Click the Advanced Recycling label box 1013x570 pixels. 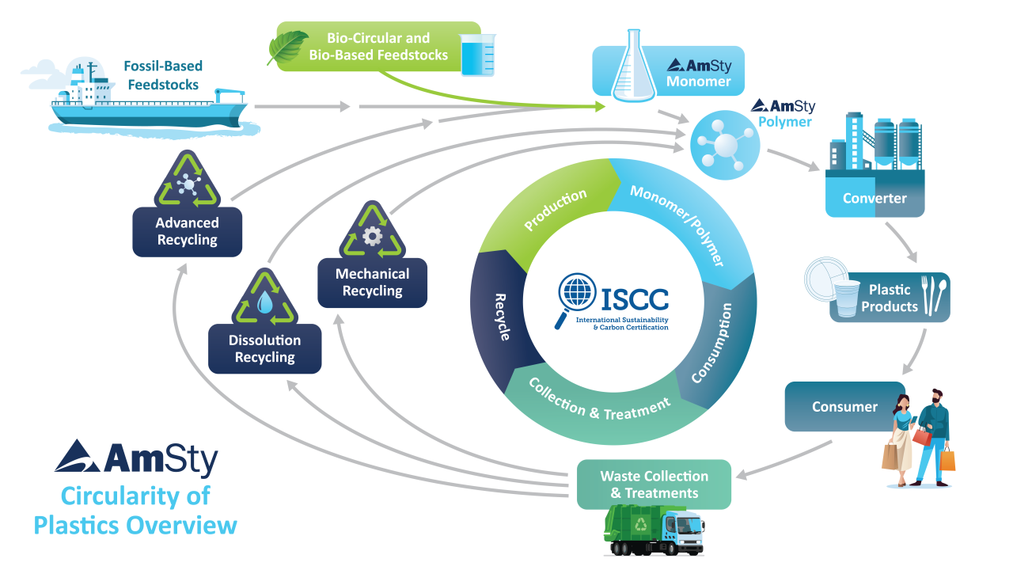click(x=187, y=231)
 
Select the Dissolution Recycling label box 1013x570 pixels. click(x=264, y=349)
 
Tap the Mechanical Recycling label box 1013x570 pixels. click(x=372, y=283)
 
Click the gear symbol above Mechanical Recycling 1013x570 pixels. click(x=372, y=237)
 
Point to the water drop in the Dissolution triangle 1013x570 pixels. click(x=264, y=302)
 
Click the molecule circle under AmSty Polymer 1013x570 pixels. click(x=720, y=142)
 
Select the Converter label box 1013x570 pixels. click(x=875, y=198)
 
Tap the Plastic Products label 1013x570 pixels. click(x=889, y=298)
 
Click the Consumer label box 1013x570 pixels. click(x=844, y=407)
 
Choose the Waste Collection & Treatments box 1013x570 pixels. click(x=654, y=484)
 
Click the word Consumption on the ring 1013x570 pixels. click(x=710, y=344)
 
